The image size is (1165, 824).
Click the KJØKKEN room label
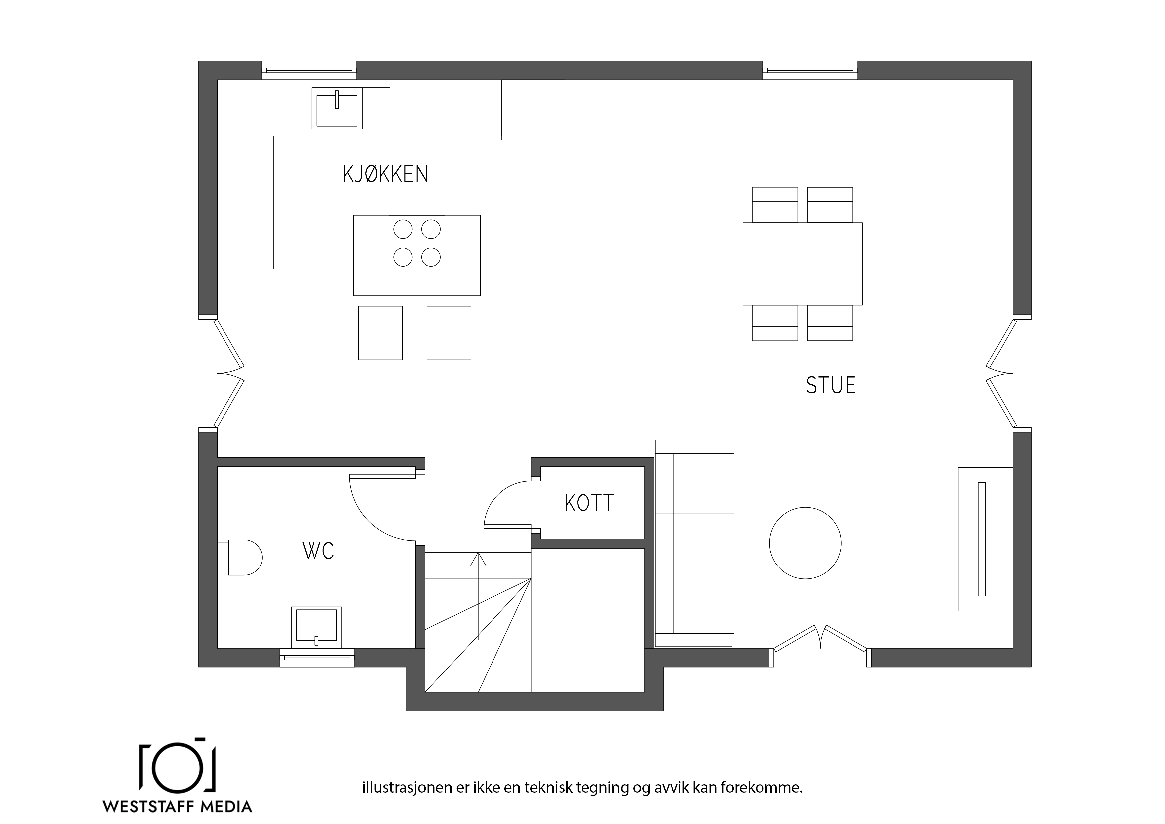pos(386,174)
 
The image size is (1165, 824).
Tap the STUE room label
pos(831,385)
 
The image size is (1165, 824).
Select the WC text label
pos(318,551)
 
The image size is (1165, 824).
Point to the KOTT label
pos(589,503)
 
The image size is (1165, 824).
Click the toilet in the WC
pos(240,558)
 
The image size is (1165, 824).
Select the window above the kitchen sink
pos(309,70)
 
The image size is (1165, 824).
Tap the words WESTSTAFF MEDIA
pos(178,807)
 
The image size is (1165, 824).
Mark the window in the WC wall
pos(317,658)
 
